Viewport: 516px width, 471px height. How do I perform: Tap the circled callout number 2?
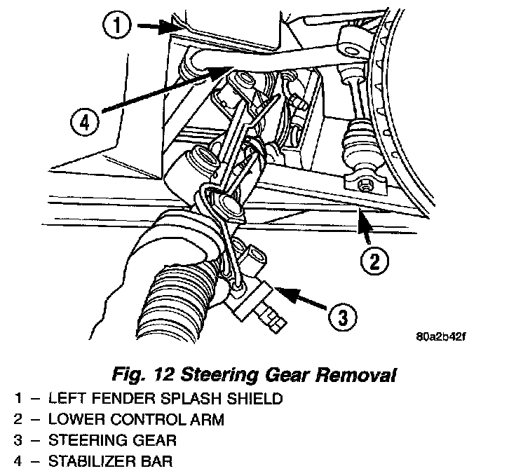374,263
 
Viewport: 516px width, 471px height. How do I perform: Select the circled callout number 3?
341,318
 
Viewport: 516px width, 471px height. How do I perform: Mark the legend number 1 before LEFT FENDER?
18,399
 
